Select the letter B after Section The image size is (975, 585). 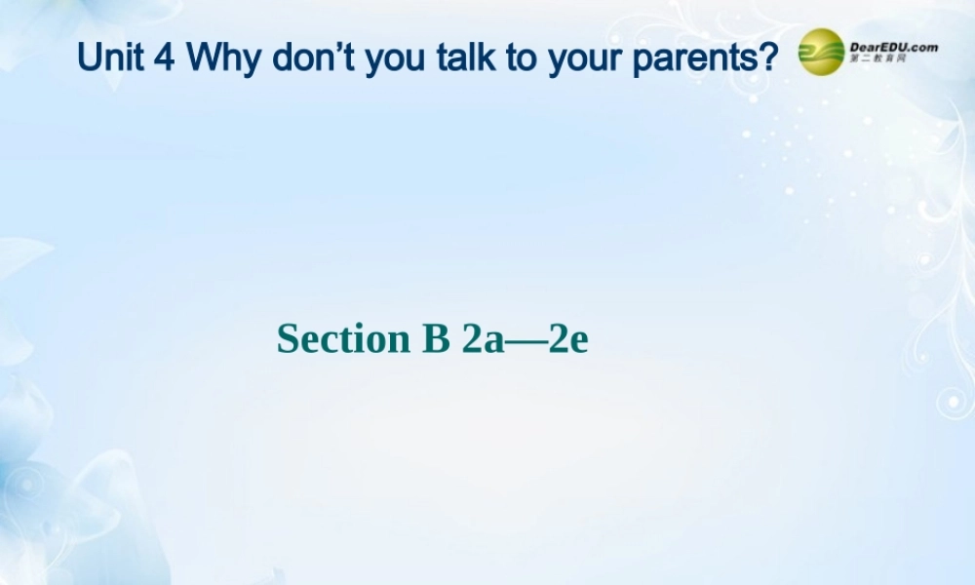(x=435, y=339)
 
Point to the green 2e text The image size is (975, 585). (x=568, y=339)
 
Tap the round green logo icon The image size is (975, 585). (x=821, y=52)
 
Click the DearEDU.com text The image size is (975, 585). (x=893, y=46)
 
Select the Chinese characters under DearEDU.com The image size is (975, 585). (x=878, y=60)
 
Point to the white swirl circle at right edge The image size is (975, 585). (x=951, y=401)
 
